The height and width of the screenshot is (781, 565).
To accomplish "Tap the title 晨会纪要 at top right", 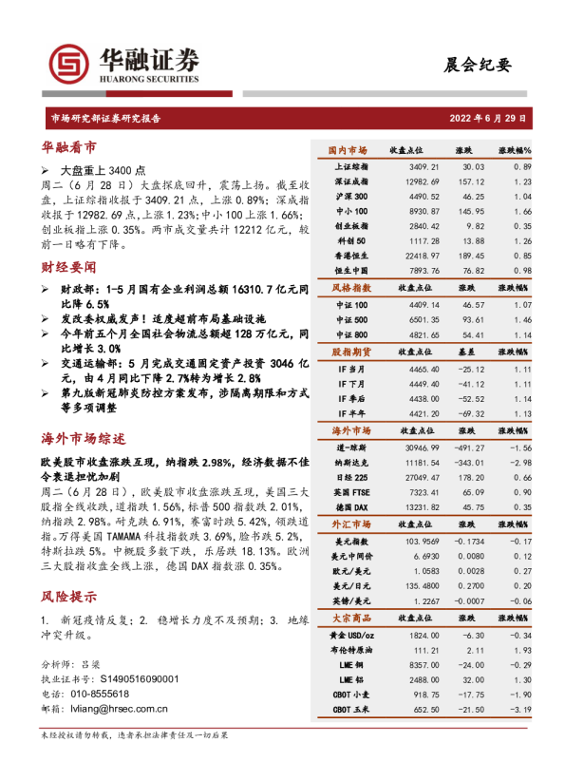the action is [x=477, y=65].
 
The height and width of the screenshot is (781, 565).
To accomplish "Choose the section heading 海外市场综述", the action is [x=84, y=439].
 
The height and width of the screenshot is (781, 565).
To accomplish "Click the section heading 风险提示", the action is [x=68, y=597].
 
